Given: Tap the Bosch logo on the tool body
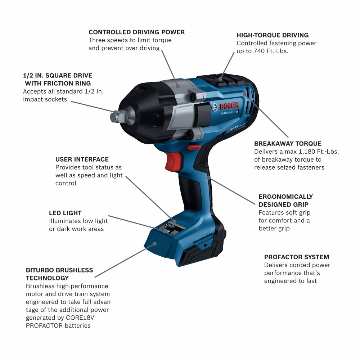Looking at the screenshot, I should coord(225,107).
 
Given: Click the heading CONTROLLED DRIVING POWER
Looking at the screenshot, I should coord(136,32).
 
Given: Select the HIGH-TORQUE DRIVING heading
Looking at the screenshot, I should coord(273,35).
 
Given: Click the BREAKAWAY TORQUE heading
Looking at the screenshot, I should coord(288,143).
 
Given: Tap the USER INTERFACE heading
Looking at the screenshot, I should coord(82,159).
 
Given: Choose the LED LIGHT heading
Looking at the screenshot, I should coord(65,213).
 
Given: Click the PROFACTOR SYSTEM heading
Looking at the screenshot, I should coord(297,257).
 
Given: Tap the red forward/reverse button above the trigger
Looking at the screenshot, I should coord(194,147).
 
